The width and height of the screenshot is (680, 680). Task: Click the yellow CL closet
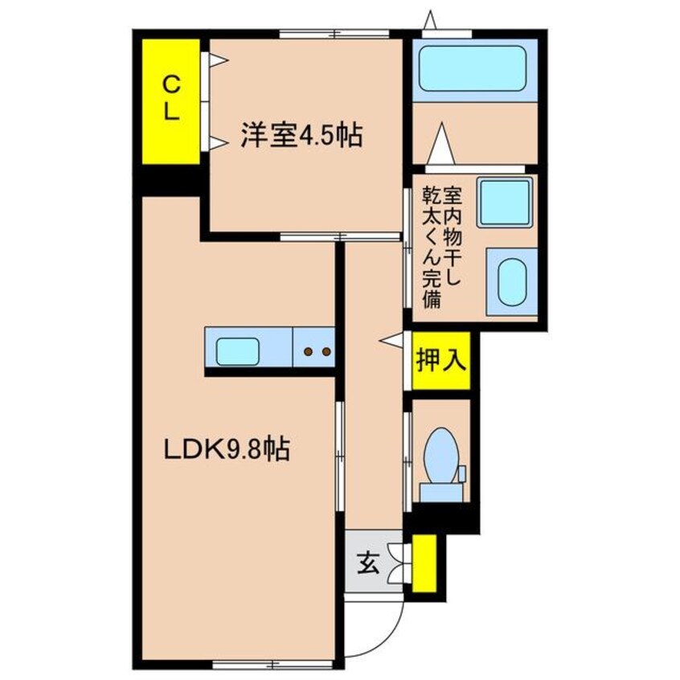click(x=171, y=100)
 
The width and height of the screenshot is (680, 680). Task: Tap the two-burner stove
click(x=315, y=350)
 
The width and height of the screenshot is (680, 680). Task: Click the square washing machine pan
click(x=504, y=202)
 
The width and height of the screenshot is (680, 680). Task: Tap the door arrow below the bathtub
click(x=439, y=144)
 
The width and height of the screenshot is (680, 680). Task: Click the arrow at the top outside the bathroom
click(x=430, y=19)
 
